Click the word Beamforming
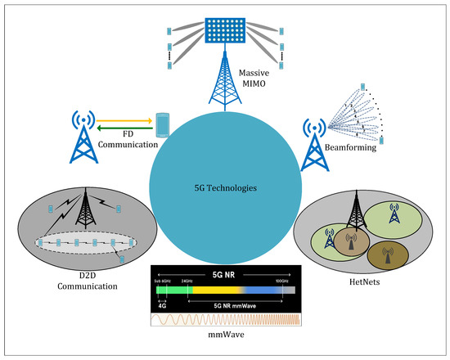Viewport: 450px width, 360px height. coord(352,150)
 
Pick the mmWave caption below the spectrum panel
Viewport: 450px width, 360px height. coord(224,336)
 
